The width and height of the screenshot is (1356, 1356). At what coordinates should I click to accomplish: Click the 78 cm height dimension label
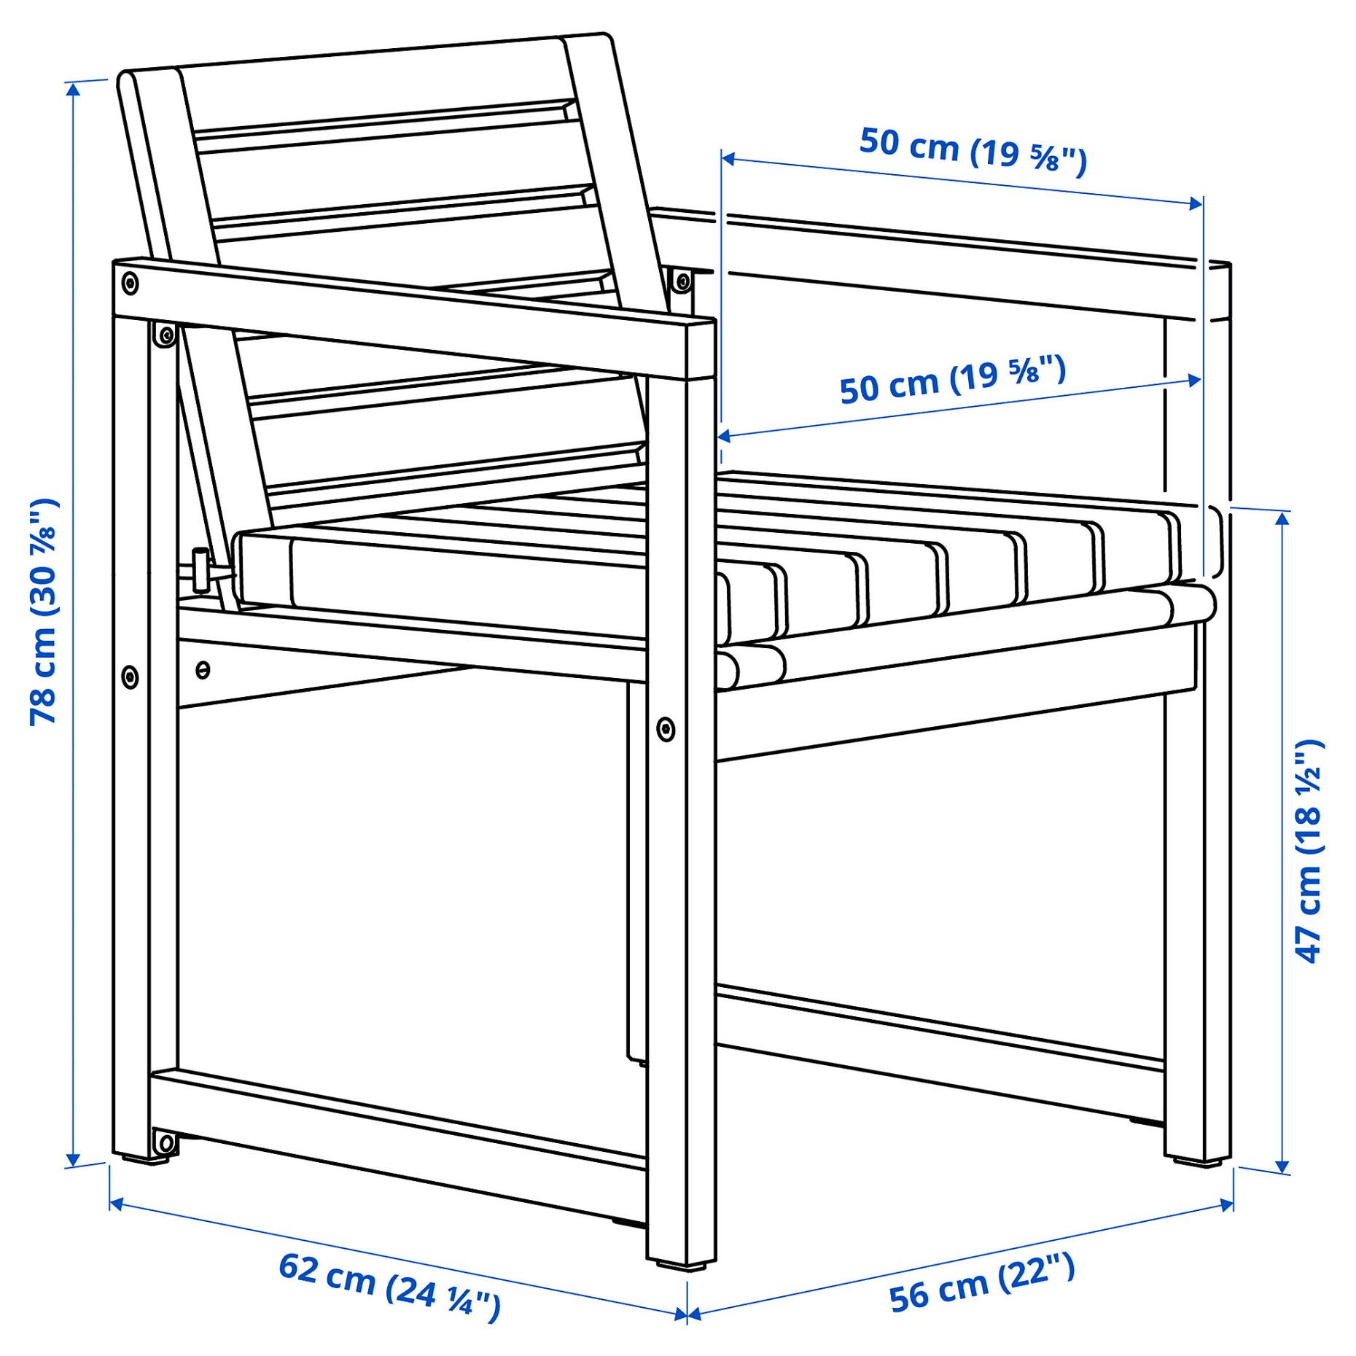[x=44, y=612]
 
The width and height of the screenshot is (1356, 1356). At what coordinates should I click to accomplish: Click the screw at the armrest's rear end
[x=130, y=282]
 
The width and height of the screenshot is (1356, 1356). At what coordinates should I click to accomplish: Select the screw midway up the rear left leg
[x=130, y=677]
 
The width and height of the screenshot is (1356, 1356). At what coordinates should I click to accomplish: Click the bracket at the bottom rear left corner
[x=165, y=1143]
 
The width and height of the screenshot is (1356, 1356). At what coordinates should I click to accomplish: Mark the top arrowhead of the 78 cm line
[x=73, y=88]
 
